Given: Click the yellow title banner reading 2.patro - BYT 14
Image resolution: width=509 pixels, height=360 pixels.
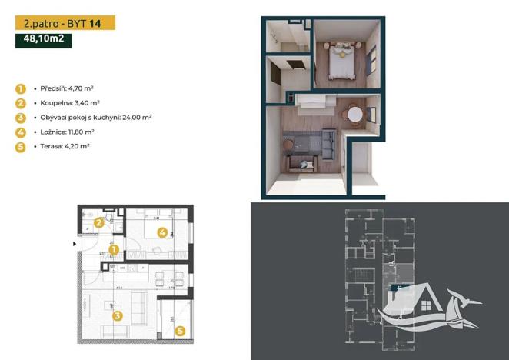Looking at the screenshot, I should point(65,23).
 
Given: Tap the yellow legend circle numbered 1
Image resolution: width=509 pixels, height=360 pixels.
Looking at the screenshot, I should point(21,88).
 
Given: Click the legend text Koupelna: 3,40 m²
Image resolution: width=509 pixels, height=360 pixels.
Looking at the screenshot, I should point(68,102).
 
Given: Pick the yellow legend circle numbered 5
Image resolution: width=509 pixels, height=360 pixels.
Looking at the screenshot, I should point(21,146).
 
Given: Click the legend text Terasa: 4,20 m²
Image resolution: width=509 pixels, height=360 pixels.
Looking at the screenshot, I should point(65,146).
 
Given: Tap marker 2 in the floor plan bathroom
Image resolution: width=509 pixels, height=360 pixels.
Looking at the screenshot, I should point(98,224).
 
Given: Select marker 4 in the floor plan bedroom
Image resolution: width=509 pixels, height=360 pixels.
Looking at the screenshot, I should point(162,232).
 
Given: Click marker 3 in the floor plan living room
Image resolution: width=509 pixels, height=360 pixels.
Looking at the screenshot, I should point(118,314).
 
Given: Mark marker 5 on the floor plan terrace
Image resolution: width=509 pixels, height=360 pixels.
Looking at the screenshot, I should point(180,332).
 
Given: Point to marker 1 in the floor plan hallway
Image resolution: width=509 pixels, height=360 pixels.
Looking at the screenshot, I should point(112,249).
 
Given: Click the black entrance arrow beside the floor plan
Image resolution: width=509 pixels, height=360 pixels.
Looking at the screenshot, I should point(75,244).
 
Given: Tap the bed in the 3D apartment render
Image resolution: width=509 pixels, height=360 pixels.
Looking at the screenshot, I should point(341,61).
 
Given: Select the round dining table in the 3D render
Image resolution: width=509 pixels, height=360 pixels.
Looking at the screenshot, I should point(355,114).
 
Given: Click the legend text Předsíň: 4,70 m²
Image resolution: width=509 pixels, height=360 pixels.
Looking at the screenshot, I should point(66,88).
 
